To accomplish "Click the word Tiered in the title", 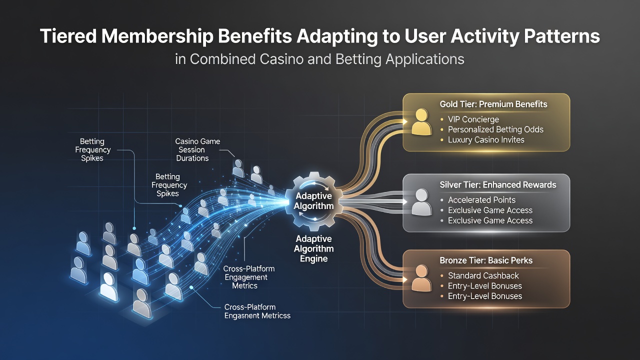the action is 68,36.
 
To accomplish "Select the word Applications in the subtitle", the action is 424,59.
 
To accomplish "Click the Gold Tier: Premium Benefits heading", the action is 493,104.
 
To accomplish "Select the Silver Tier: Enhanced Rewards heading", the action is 498,184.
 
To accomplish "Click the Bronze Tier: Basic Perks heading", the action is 486,260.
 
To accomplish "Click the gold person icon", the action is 421,122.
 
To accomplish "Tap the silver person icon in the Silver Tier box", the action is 421,202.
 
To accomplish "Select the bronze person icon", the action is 421,278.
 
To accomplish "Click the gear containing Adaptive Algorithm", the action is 314,201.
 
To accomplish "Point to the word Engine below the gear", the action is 313,259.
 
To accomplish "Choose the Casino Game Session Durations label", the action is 197,149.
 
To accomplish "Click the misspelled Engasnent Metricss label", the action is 257,315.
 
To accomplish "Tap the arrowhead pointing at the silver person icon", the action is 405,201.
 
